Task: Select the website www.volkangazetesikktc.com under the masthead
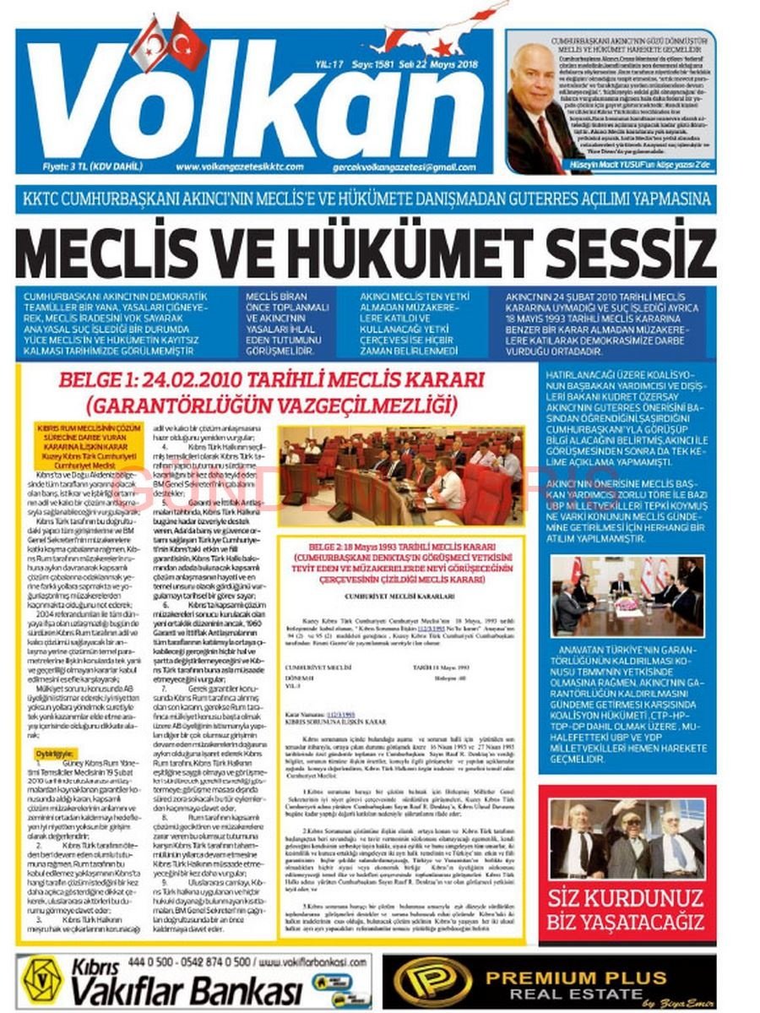(240, 166)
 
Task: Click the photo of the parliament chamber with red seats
(401, 474)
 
